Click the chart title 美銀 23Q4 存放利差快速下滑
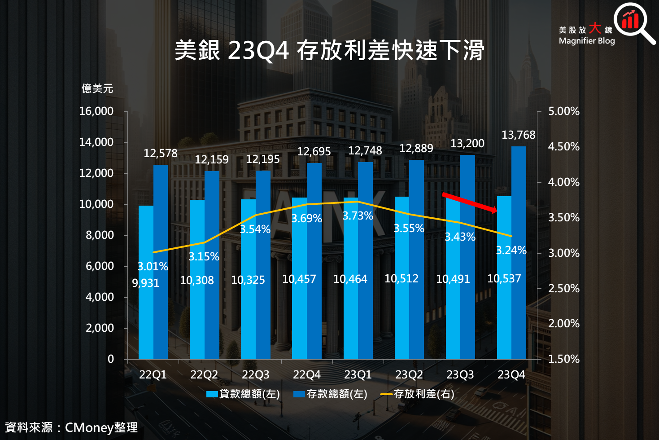pos(329,50)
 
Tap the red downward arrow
pos(469,202)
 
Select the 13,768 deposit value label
pos(518,135)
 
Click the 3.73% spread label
pos(358,216)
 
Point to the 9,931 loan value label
pos(145,283)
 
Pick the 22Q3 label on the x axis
pos(255,375)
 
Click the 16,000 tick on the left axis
pos(96,111)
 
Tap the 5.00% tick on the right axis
pos(563,111)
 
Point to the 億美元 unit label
pos(97,88)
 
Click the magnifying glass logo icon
pos(633,22)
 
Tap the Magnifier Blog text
pos(586,41)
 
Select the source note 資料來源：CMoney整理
pos(71,427)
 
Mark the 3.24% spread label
pos(511,251)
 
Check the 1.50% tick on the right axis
pos(563,359)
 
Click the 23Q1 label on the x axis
pos(358,375)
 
